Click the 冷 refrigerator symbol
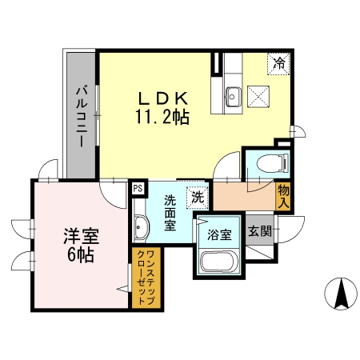(279, 62)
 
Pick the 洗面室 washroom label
(170, 212)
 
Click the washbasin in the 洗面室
(141, 227)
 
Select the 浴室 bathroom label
(220, 235)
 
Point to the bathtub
(218, 262)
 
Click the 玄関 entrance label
(259, 232)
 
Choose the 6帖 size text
(80, 256)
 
